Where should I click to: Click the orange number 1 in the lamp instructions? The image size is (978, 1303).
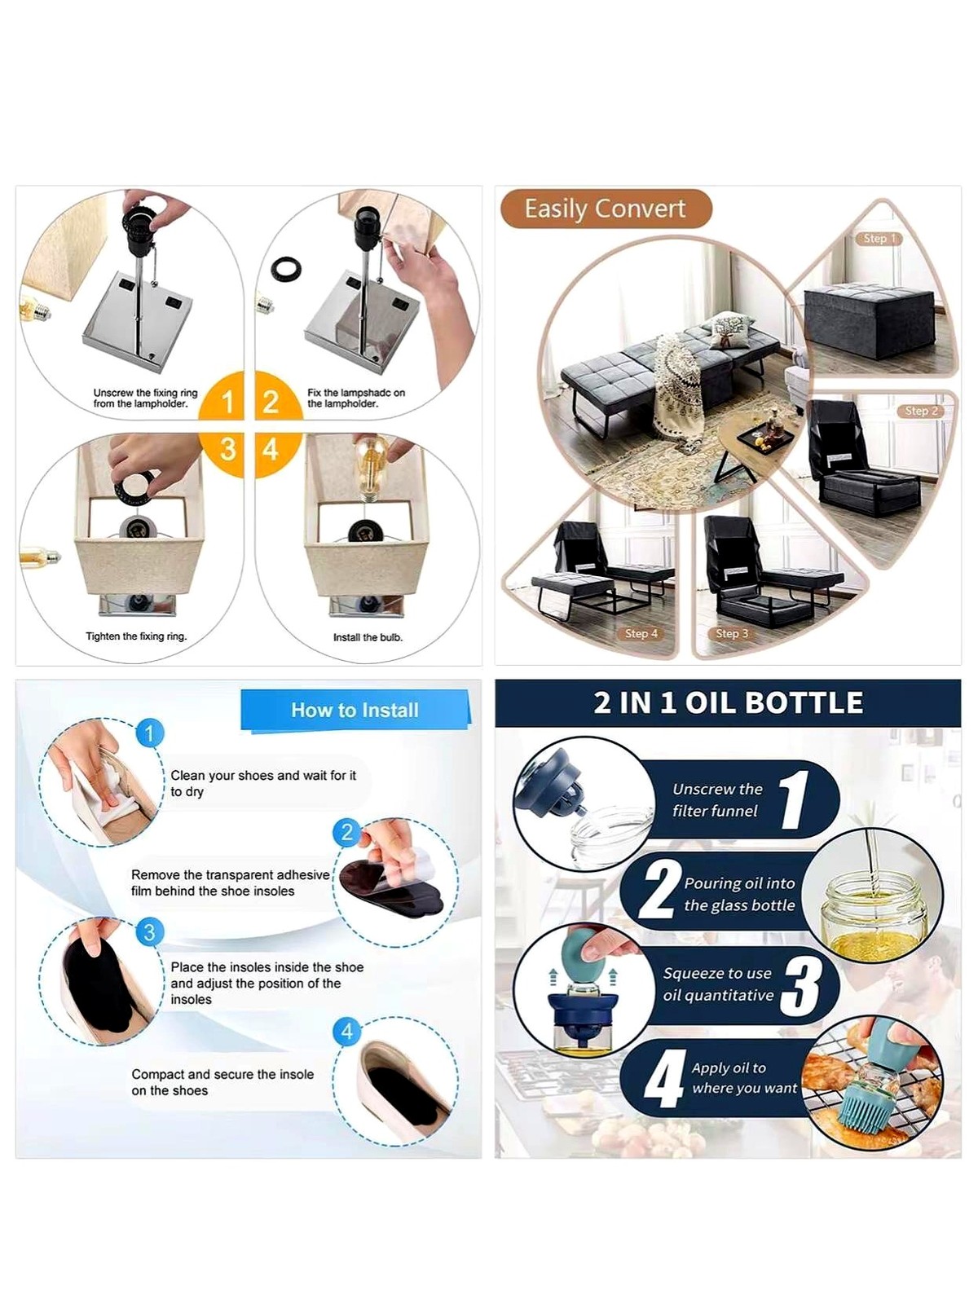point(227,403)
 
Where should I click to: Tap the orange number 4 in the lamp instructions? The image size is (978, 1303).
point(271,449)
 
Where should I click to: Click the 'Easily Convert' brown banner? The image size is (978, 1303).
point(606,209)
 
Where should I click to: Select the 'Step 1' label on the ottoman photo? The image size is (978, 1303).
point(879,239)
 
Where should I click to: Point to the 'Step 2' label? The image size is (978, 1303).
point(921,411)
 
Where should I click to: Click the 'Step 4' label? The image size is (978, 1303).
point(641,633)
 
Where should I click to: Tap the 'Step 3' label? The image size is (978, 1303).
point(732,633)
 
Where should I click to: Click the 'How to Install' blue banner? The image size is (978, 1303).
point(355,711)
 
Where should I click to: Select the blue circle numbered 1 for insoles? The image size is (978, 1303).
point(149,733)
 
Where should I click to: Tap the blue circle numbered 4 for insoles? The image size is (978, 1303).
point(347,1032)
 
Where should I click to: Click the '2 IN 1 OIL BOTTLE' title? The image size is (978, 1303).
point(728,703)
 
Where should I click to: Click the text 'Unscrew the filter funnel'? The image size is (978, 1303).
point(717,800)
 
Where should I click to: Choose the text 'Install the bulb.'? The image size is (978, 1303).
point(368,637)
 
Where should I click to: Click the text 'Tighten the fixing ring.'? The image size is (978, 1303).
point(136,636)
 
